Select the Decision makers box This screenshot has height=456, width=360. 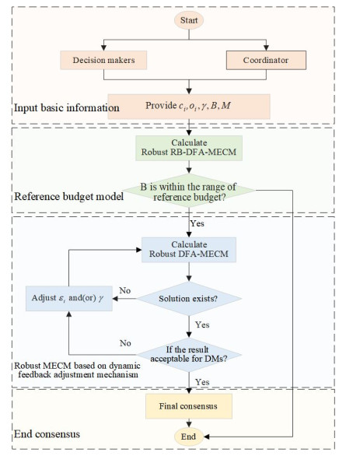click(99, 58)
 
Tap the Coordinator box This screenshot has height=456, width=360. click(267, 58)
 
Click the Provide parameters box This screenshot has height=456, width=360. click(189, 105)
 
